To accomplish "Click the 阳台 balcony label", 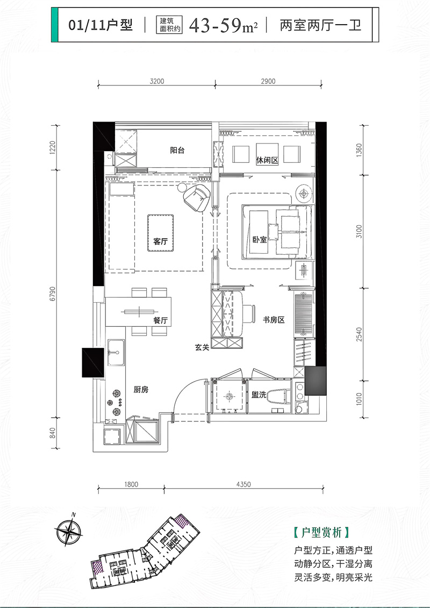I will click(177, 151).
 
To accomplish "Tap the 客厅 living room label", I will click(161, 242).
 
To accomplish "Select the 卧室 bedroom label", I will click(260, 240).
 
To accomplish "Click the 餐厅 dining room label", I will click(161, 320).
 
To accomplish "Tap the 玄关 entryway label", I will click(202, 348).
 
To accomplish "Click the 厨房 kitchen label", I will click(141, 391).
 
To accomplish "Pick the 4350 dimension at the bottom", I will click(243, 484).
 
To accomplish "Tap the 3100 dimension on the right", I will click(361, 231).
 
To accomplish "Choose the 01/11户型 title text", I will click(101, 25).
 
